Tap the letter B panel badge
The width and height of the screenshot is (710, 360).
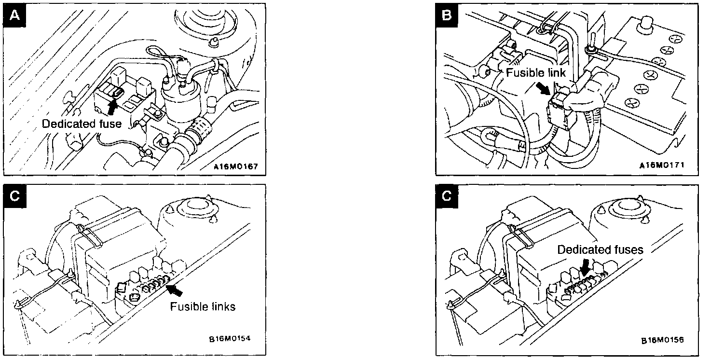[447, 16]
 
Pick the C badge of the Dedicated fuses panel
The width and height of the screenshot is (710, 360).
[447, 196]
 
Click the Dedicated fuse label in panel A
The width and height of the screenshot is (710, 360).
[82, 124]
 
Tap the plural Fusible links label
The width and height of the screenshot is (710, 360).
[203, 306]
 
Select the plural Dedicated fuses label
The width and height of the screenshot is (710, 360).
[600, 249]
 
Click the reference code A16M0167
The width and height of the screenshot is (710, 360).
[236, 167]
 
